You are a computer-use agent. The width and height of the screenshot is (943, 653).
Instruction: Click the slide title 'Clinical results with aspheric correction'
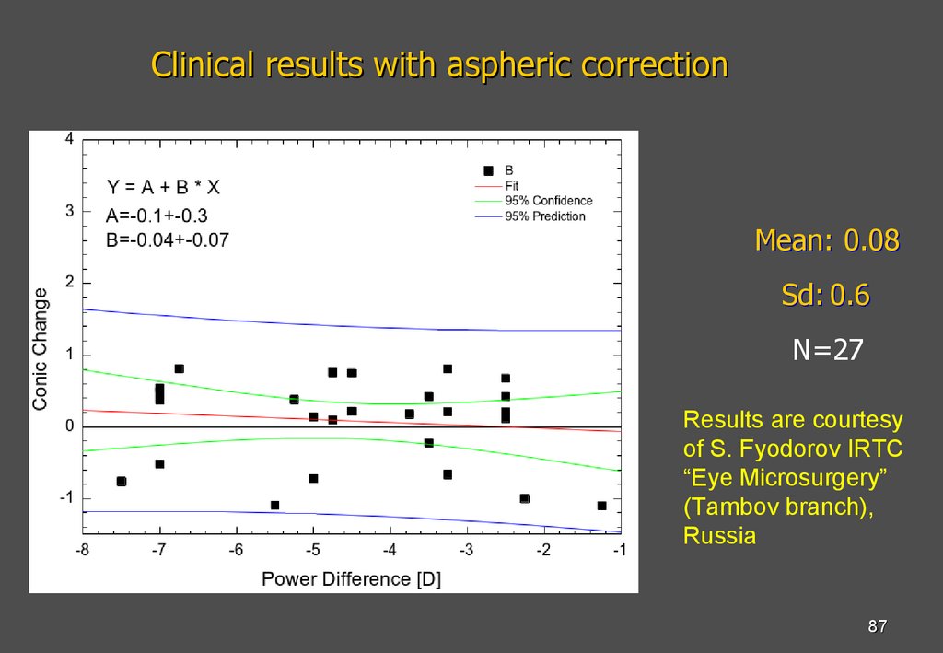click(x=439, y=65)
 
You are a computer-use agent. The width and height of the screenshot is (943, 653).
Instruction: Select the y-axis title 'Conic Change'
click(x=41, y=348)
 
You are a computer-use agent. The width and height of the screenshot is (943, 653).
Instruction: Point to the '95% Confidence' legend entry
click(x=549, y=201)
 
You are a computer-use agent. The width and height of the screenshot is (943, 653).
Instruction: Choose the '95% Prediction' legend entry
click(x=545, y=216)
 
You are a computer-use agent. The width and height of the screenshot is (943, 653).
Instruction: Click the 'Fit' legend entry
click(x=512, y=185)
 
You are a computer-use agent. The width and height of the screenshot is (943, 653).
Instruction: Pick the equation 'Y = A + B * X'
click(x=163, y=188)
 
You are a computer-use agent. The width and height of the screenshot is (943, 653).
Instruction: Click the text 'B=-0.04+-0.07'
click(x=167, y=240)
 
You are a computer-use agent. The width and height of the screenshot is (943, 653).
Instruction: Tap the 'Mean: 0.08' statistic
click(x=826, y=240)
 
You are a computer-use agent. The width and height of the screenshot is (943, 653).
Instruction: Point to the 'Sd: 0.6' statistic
click(x=825, y=296)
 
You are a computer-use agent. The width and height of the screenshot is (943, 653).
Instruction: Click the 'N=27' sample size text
click(x=828, y=350)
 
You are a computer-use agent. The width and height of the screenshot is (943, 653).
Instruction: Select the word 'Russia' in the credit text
click(x=719, y=536)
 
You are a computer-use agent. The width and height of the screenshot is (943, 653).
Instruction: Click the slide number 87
click(x=877, y=627)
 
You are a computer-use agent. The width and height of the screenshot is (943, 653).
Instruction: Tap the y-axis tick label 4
click(x=69, y=139)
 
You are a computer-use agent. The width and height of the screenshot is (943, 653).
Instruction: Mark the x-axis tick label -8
click(x=82, y=550)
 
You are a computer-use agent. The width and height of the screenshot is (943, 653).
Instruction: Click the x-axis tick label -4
click(x=390, y=550)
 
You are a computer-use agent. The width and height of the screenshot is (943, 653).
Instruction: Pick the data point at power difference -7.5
click(x=122, y=482)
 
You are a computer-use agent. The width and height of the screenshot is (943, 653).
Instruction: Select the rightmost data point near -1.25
click(x=601, y=506)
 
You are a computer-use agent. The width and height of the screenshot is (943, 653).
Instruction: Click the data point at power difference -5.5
click(x=274, y=506)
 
